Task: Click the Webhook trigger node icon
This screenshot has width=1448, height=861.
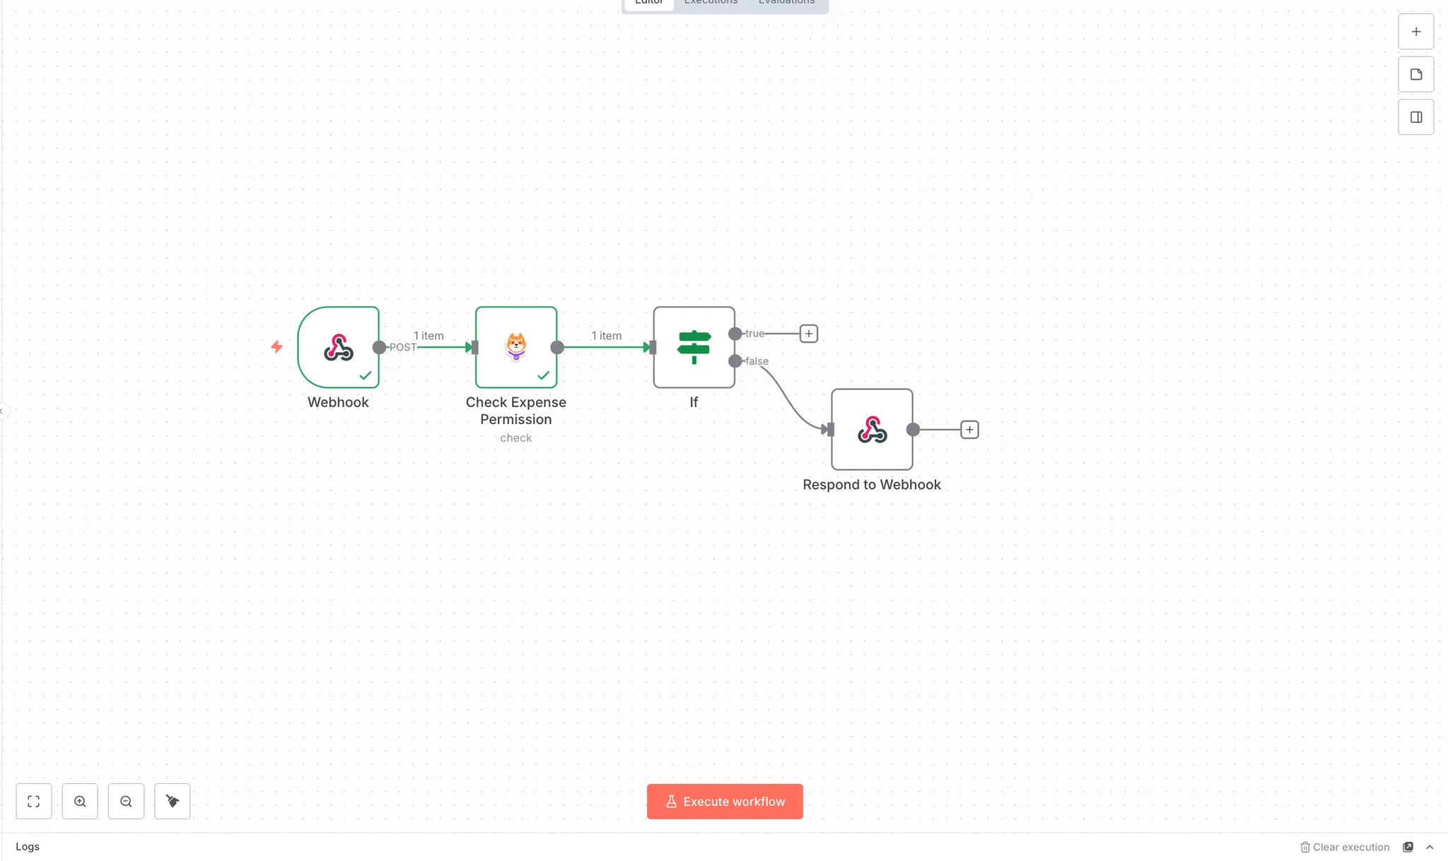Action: coord(338,347)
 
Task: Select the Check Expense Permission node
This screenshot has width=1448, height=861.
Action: coord(516,347)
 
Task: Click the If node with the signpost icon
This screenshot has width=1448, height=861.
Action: coord(694,347)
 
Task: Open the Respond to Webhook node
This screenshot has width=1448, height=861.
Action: coord(872,429)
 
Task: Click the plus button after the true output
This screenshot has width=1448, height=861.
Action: coord(809,334)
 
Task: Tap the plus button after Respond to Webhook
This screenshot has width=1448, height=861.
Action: coord(969,429)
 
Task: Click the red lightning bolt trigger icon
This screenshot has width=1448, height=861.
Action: coord(276,346)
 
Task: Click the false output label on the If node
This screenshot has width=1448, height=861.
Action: coord(757,361)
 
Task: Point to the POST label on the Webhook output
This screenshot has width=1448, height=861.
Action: coord(403,347)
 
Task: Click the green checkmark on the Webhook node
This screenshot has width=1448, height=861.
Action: coord(366,375)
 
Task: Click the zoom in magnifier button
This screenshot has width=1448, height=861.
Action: coord(80,801)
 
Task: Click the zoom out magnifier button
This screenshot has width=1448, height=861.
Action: coord(126,801)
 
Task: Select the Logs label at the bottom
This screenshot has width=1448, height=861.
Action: coord(28,846)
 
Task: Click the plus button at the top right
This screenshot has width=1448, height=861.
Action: coord(1415,32)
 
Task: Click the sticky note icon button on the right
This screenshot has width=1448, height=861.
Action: coord(1415,74)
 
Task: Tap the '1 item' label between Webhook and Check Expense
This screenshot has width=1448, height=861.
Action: coord(428,336)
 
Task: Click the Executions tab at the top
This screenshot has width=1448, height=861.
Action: coord(711,3)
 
